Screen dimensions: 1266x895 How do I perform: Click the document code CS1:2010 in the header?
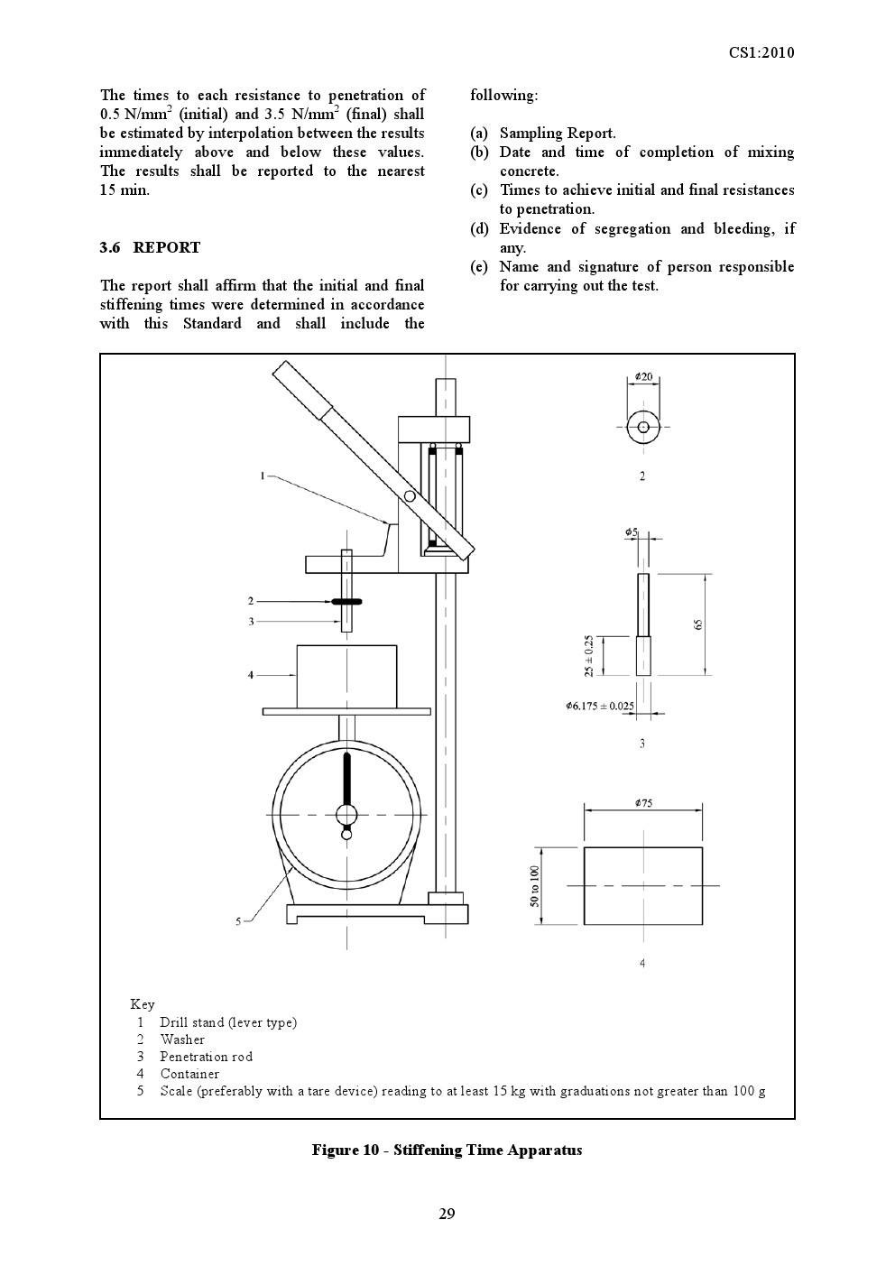[x=761, y=52]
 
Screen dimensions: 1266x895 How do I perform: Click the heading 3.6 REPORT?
[x=150, y=247]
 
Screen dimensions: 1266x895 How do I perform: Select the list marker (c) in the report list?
[x=478, y=190]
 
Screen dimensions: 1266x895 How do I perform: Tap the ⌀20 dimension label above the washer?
[x=643, y=376]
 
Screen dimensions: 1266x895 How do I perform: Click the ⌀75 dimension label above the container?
[x=643, y=802]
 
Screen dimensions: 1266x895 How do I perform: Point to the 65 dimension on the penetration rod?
[x=699, y=624]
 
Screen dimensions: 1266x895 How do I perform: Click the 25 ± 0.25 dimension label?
[x=588, y=655]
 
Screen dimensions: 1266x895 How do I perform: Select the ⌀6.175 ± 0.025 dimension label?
[x=599, y=706]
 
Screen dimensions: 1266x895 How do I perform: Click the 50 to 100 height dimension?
[x=534, y=885]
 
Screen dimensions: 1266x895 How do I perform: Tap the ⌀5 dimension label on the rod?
[x=632, y=532]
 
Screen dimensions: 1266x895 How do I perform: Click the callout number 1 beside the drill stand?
[x=263, y=476]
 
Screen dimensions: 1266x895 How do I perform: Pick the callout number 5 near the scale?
[x=238, y=921]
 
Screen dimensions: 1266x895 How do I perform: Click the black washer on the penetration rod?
[x=346, y=601]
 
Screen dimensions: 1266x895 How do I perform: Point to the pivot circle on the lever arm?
[x=410, y=496]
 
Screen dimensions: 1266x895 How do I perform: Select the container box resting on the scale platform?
[x=346, y=676]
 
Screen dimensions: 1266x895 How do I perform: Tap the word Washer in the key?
[x=182, y=1040]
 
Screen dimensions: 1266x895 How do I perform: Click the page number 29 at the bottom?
[x=447, y=1214]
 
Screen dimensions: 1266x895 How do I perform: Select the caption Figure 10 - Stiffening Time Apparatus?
[x=447, y=1150]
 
